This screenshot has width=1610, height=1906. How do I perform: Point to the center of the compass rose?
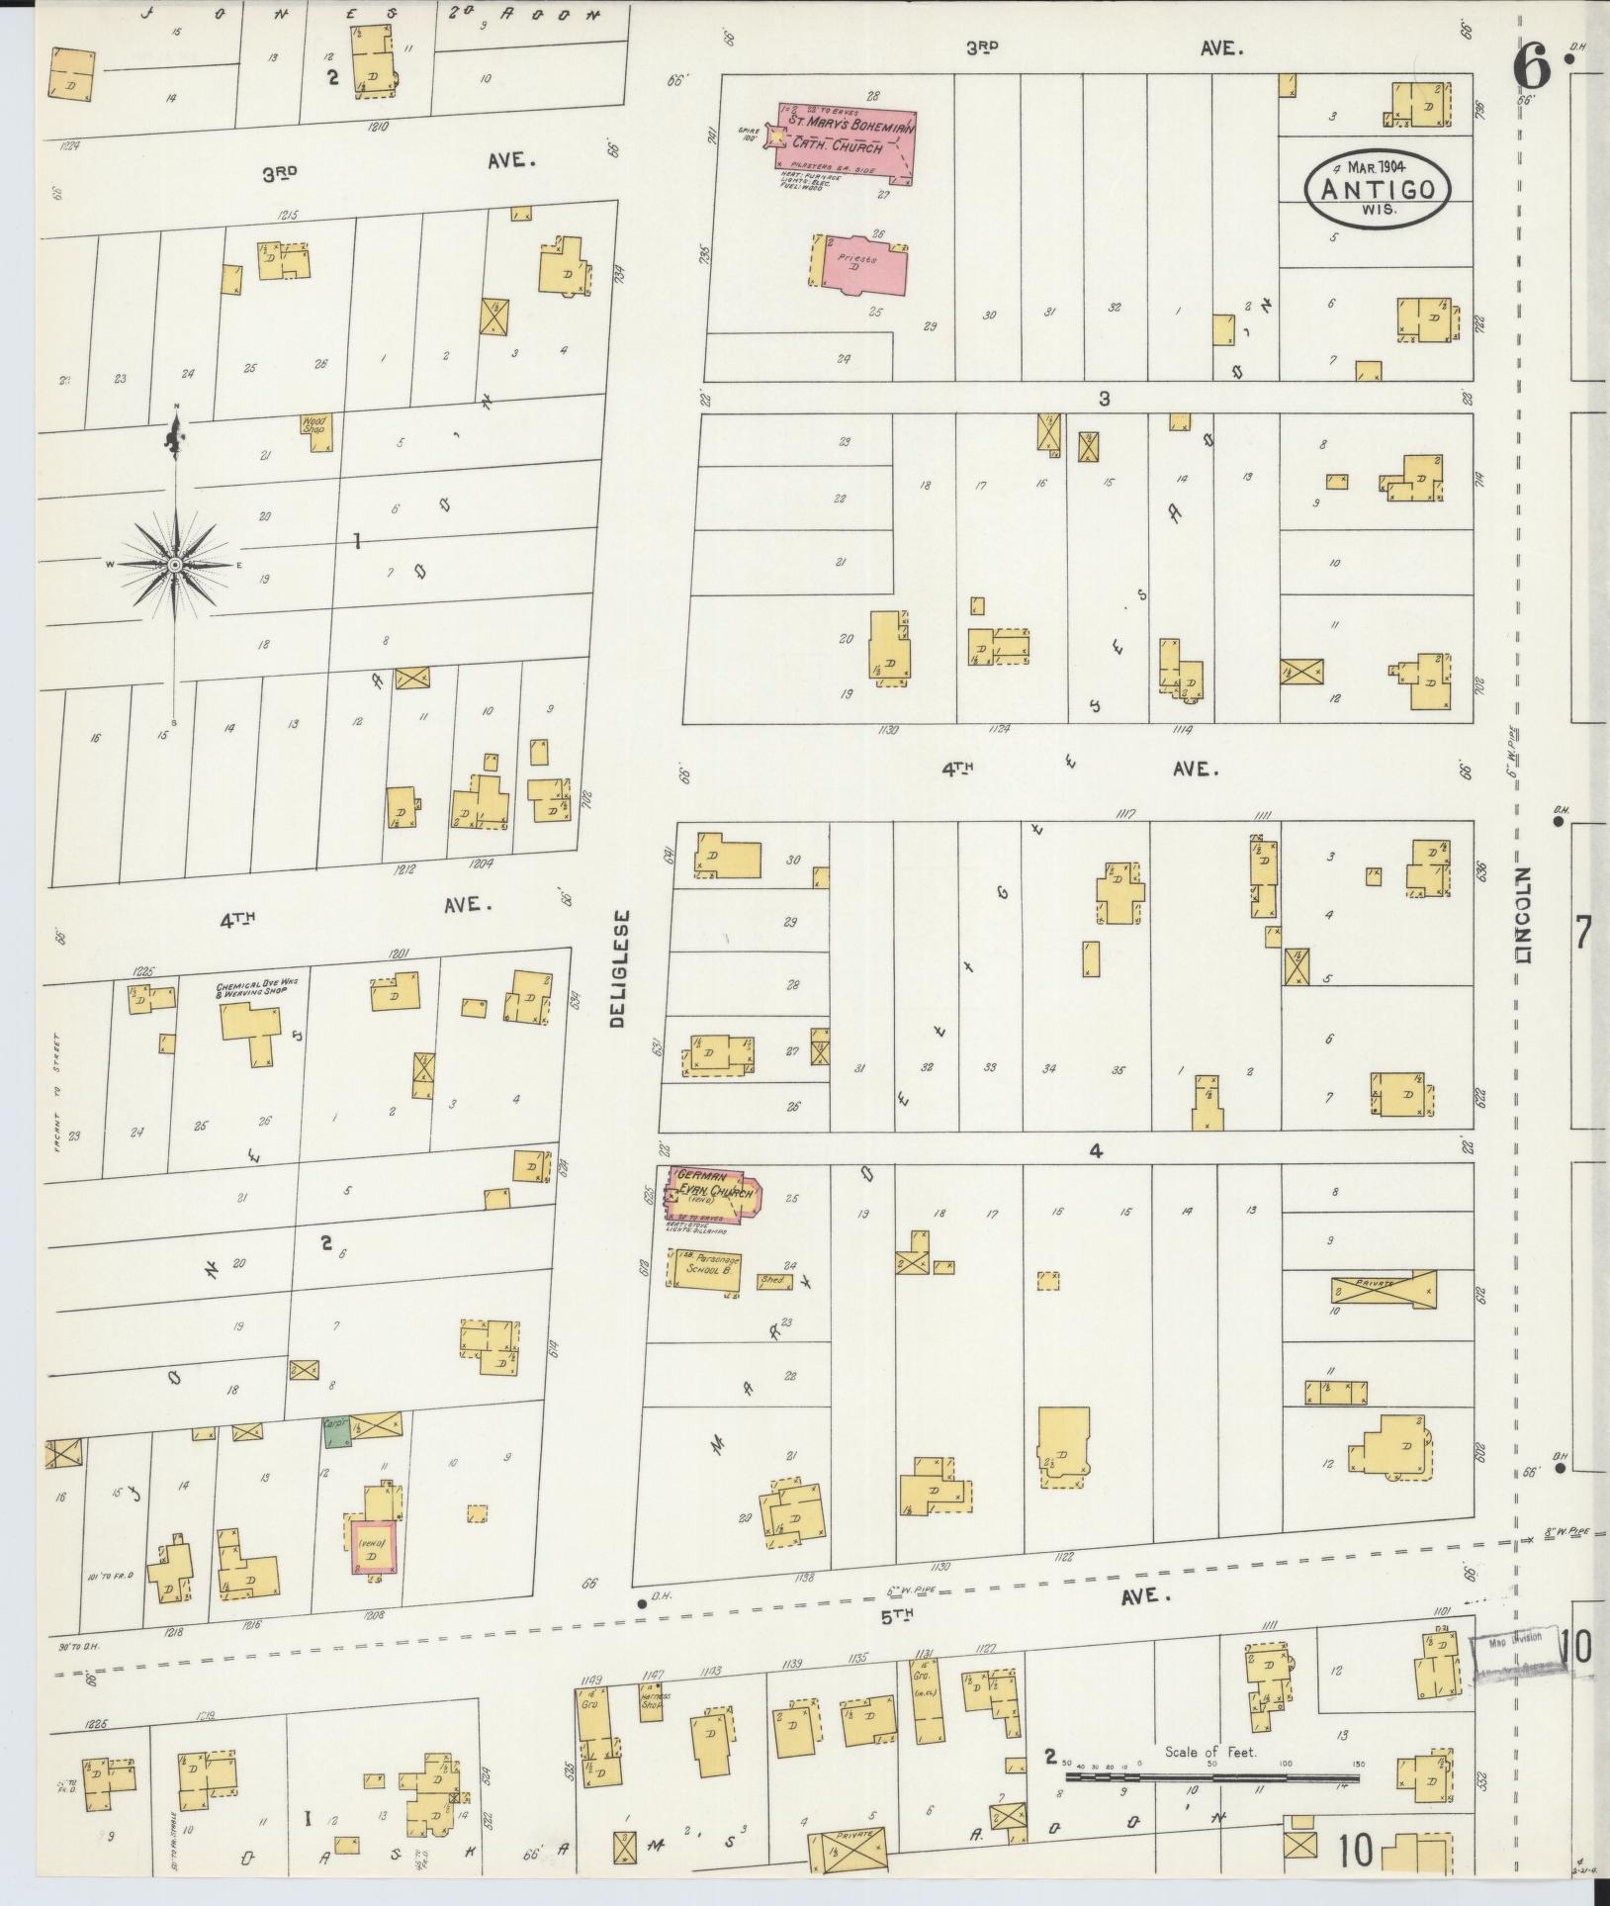click(x=175, y=564)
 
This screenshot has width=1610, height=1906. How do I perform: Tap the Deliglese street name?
click(x=618, y=969)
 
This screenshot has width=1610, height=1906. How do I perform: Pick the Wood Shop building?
click(x=317, y=433)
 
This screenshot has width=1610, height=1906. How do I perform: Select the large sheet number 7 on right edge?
click(x=1582, y=933)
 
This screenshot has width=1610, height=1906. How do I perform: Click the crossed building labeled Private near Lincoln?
click(x=1383, y=1289)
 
